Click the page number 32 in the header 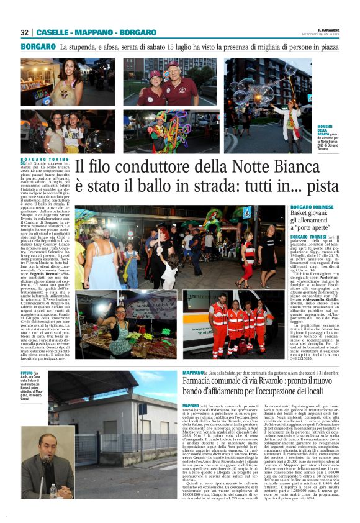[25, 32]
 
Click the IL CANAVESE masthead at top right [330, 29]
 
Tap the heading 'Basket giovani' [311, 219]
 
